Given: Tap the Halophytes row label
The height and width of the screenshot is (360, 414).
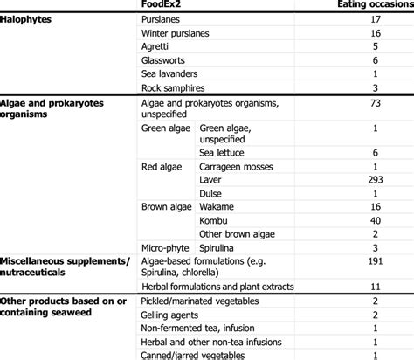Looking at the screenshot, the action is tap(31, 18).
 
